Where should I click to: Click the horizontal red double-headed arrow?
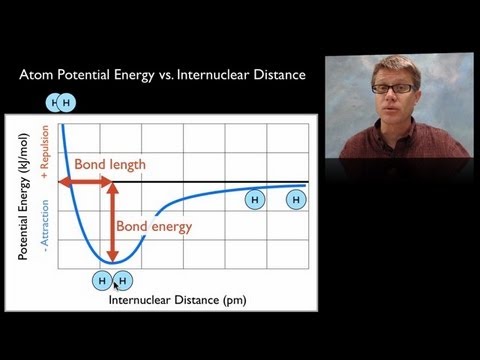pos(86,182)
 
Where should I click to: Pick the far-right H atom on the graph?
pos(296,201)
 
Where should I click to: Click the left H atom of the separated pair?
pos(254,201)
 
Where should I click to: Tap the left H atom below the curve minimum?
pos(103,281)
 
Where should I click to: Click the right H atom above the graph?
pos(67,102)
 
